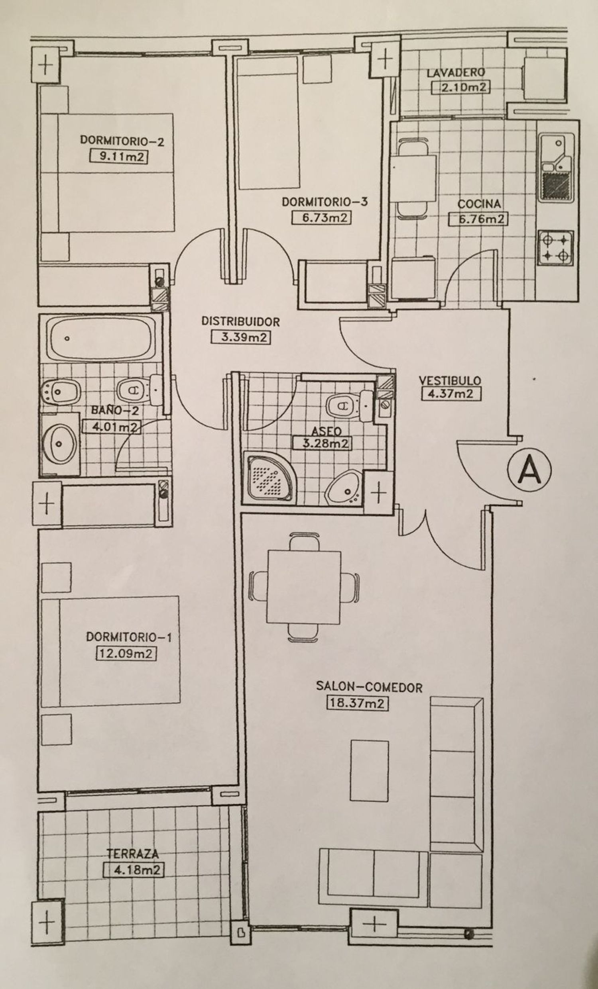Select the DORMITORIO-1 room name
pos(128,637)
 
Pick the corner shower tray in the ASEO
pos(269,477)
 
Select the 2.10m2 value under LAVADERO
pos(460,88)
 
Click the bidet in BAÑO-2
pos(61,389)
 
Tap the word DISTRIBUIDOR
pos(240,321)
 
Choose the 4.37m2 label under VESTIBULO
pos(450,394)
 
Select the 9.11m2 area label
pos(118,156)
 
